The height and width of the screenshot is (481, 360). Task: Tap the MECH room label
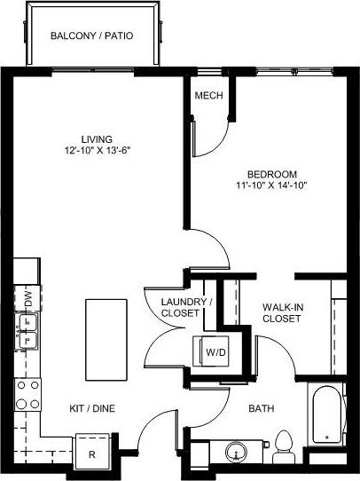click(x=208, y=97)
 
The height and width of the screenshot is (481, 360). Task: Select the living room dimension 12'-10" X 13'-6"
click(x=96, y=151)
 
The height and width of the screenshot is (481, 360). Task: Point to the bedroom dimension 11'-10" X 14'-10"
click(x=272, y=185)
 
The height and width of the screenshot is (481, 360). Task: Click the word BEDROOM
click(x=272, y=174)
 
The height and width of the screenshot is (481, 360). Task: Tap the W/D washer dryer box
click(x=215, y=352)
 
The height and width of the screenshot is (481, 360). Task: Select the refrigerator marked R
click(x=92, y=450)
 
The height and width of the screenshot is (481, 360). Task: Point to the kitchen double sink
click(x=27, y=338)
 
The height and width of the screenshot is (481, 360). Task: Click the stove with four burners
click(x=27, y=394)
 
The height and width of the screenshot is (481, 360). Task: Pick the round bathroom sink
click(x=237, y=453)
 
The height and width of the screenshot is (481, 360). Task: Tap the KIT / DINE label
click(x=92, y=408)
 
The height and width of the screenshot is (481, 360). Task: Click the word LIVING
click(x=96, y=139)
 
